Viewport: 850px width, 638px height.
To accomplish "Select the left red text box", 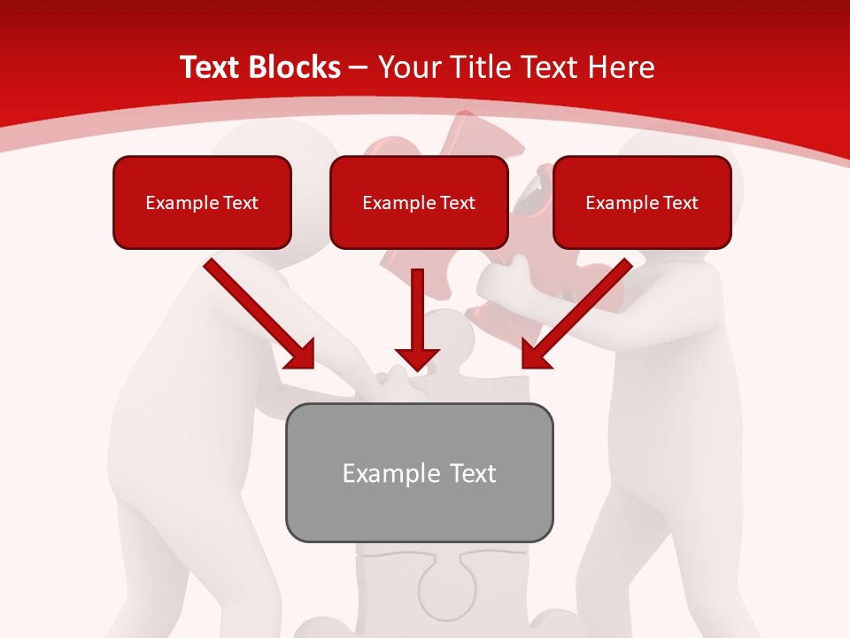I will (x=202, y=202).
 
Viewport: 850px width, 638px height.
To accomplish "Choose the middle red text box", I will (x=419, y=202).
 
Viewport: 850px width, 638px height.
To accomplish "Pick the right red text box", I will (x=642, y=202).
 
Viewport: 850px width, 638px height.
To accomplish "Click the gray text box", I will (x=419, y=472).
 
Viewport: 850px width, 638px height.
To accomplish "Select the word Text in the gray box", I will (x=473, y=473).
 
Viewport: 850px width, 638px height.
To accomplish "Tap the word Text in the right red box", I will (x=681, y=203).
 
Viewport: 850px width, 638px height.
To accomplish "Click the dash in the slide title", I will (x=359, y=67).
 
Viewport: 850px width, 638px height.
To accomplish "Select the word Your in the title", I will (x=406, y=67).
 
